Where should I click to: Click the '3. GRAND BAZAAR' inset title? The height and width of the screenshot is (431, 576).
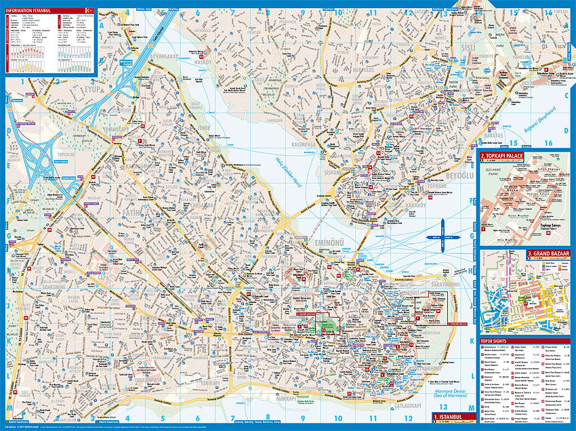pos(549,253)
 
